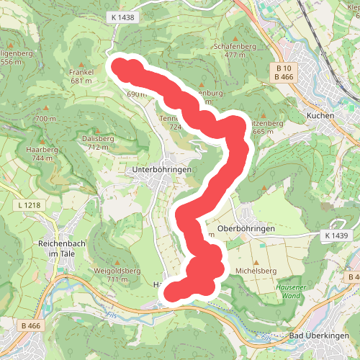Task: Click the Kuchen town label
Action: [x=321, y=115]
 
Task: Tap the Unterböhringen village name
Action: [x=161, y=169]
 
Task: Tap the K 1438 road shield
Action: [x=123, y=17]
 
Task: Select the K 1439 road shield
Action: [x=336, y=235]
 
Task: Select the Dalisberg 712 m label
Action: [x=98, y=142]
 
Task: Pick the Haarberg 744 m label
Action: [x=40, y=153]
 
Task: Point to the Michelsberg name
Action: [x=256, y=271]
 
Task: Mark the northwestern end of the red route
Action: [x=119, y=67]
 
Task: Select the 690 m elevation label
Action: [x=136, y=94]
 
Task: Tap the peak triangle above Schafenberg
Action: [x=235, y=34]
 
